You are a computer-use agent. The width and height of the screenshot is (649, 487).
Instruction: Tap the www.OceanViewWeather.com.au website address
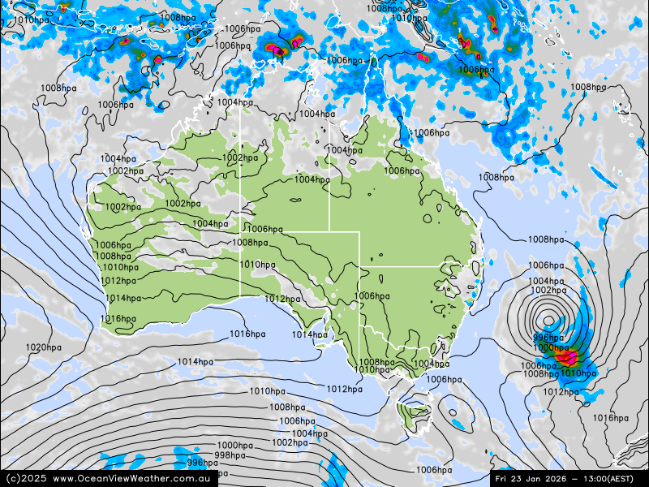coord(134,479)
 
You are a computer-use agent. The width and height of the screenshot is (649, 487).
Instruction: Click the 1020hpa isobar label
coord(43,347)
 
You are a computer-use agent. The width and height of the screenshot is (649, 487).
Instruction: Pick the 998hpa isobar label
coord(230,455)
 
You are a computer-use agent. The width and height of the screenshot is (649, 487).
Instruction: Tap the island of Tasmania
coord(415,411)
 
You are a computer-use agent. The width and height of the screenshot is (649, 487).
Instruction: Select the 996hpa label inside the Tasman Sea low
coord(548,338)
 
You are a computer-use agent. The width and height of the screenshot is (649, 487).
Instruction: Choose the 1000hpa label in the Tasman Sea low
coord(550,347)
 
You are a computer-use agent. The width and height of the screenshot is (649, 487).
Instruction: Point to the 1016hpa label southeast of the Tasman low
coord(611,418)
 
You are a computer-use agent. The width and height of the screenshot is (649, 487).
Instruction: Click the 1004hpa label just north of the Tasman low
coord(545,282)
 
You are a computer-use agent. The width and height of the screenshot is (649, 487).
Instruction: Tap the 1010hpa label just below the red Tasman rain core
coord(578,373)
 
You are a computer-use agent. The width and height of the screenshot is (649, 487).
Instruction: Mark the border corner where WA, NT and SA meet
coord(240,231)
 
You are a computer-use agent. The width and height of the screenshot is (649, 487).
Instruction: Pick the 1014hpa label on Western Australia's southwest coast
coord(122,298)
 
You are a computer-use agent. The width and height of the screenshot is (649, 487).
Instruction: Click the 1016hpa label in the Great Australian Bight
coord(247,334)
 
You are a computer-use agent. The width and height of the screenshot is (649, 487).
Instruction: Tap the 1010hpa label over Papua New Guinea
coord(410,18)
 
